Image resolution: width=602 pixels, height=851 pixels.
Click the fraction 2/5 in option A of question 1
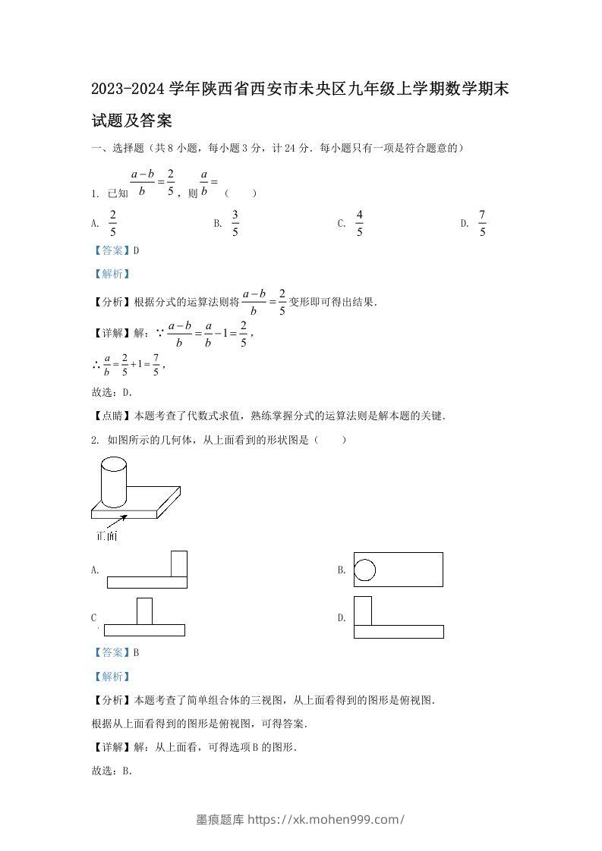point(113,223)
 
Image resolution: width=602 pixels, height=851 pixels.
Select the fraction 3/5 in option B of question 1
point(235,223)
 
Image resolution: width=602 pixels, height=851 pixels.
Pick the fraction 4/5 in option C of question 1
point(359,223)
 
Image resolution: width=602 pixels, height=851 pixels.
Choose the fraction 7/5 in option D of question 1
point(482,223)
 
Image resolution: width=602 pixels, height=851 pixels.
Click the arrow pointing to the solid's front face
point(115,521)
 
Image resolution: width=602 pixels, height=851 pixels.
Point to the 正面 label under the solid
point(106,536)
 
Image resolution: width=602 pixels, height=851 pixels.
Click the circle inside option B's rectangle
point(365,570)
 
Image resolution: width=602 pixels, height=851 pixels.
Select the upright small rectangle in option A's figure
point(179,564)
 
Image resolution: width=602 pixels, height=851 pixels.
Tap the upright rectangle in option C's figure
point(144,611)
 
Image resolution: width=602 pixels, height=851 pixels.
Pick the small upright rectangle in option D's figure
point(363,611)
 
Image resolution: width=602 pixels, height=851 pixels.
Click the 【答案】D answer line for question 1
point(115,250)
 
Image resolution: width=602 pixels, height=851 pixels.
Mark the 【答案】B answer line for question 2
point(115,652)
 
